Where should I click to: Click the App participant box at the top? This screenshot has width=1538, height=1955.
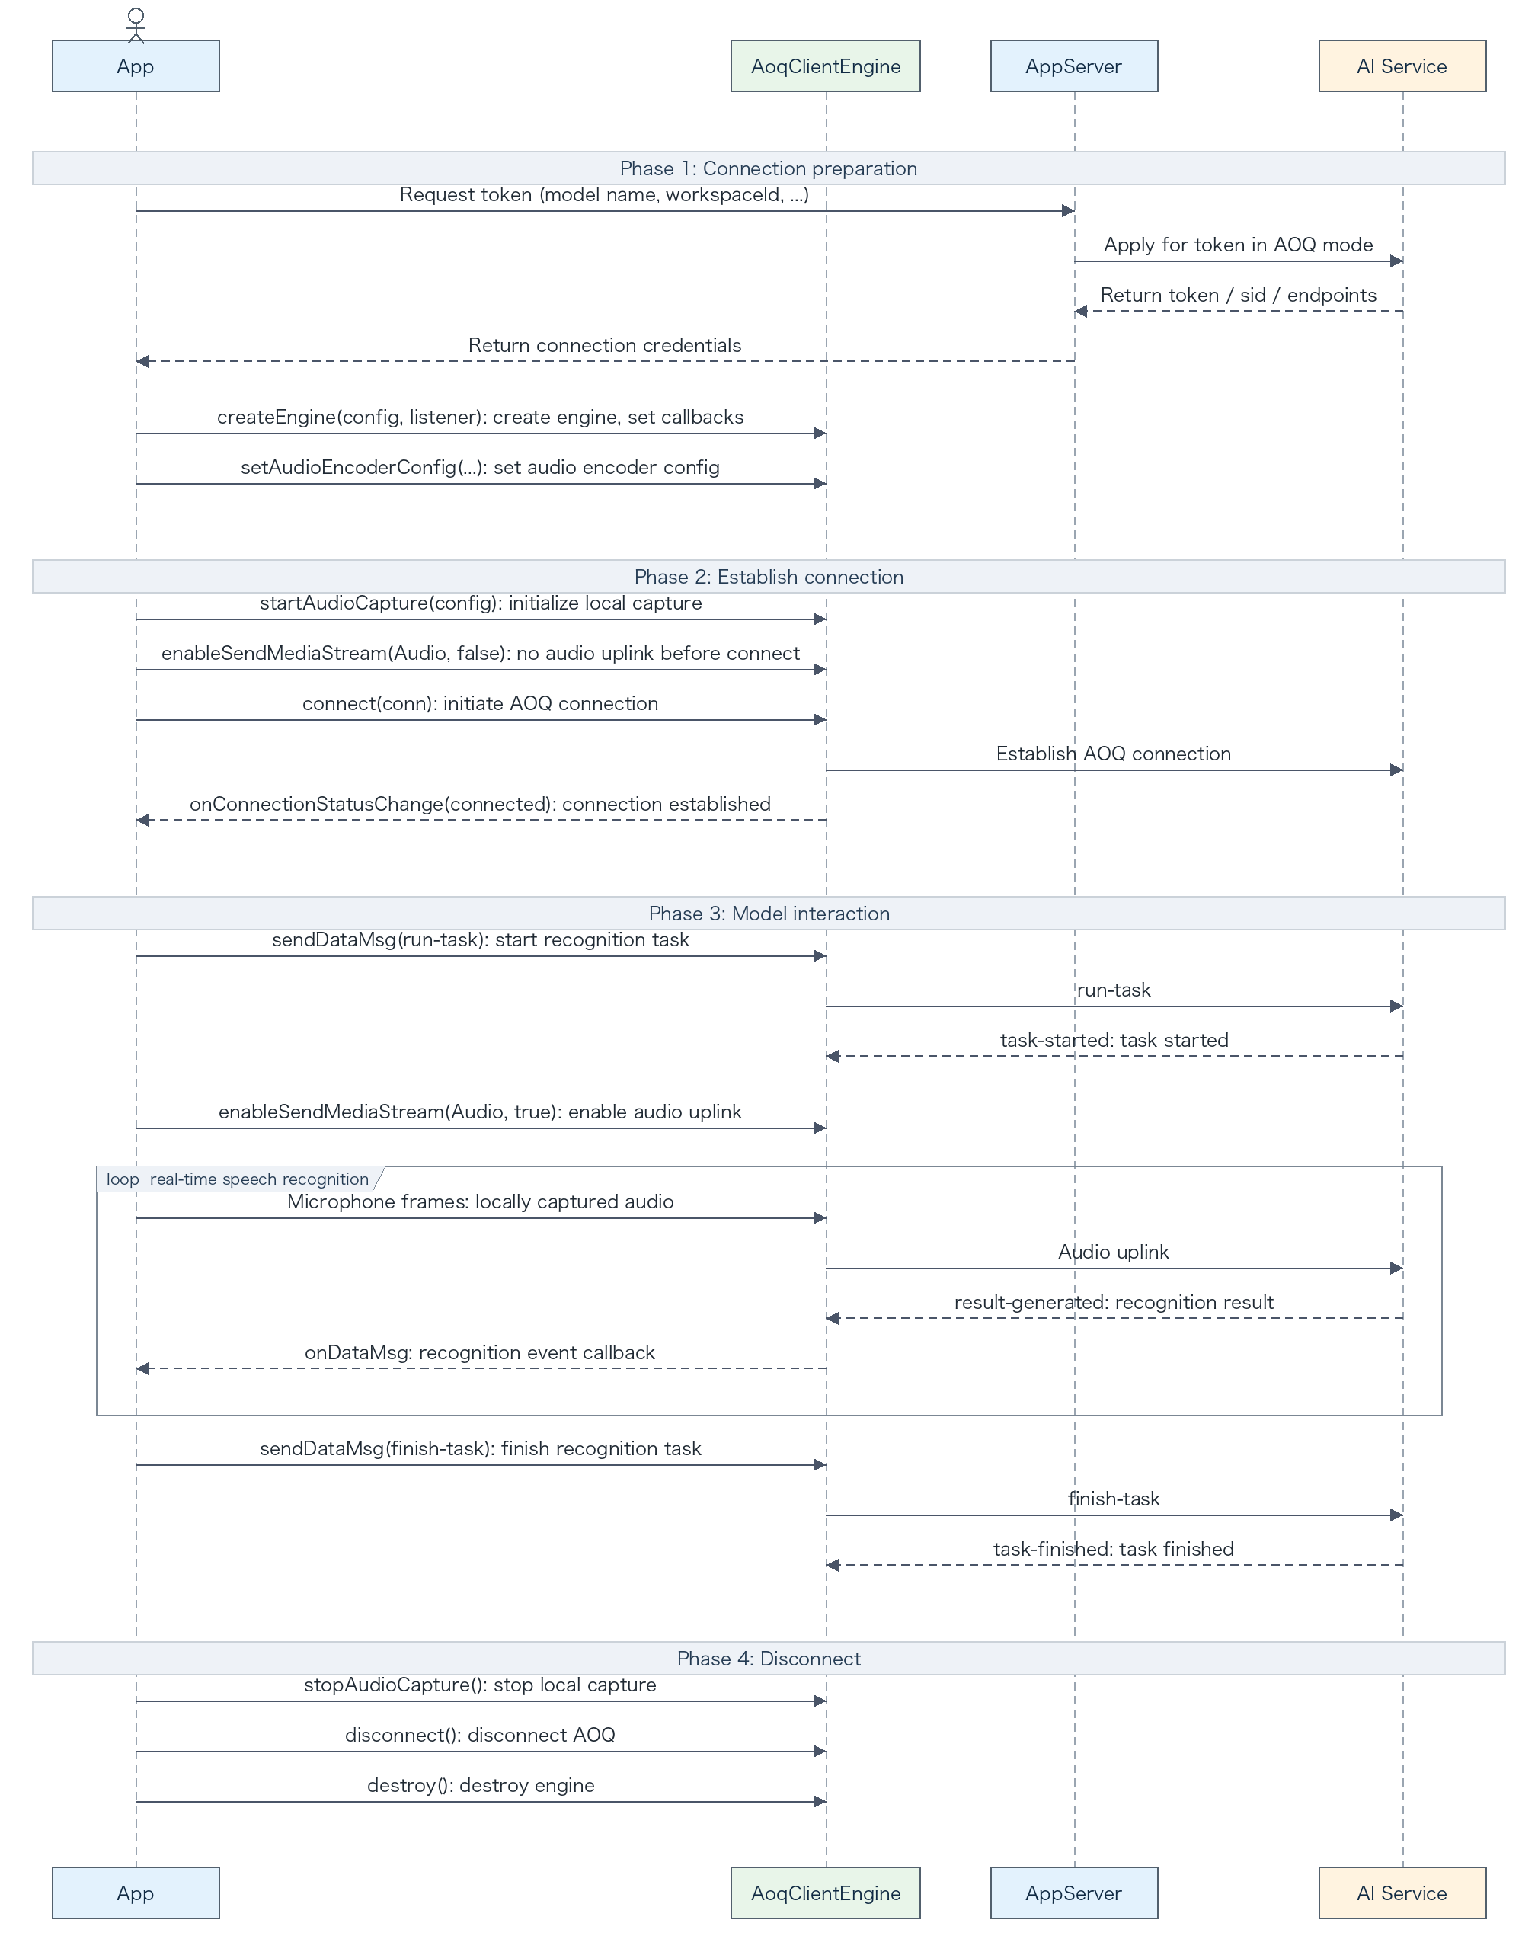[135, 66]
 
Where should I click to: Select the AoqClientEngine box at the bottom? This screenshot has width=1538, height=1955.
[826, 1892]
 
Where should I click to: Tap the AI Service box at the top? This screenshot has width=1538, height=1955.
[1402, 66]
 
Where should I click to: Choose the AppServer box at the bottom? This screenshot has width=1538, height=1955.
[1074, 1892]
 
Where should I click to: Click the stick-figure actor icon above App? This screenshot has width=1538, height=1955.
[136, 25]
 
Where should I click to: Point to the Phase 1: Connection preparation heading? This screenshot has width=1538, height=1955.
[768, 168]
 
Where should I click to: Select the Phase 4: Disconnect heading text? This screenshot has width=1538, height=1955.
[768, 1658]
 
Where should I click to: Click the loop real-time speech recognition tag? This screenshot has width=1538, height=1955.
[238, 1179]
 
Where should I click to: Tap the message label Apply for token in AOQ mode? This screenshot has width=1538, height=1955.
[1238, 245]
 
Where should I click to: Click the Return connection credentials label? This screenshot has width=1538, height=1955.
[604, 346]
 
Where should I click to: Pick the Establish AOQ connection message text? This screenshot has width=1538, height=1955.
[1113, 754]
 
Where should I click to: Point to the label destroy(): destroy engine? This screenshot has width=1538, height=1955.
[480, 1785]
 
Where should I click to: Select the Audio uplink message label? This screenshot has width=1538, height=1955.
[1113, 1252]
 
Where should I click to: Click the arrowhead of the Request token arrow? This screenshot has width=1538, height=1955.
[1068, 211]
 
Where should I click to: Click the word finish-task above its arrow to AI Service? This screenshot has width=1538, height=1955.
[1113, 1499]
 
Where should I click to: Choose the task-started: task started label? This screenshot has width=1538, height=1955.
[1114, 1040]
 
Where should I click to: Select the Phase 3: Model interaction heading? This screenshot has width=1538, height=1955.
[768, 913]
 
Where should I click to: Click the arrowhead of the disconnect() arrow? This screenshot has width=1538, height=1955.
[820, 1752]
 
